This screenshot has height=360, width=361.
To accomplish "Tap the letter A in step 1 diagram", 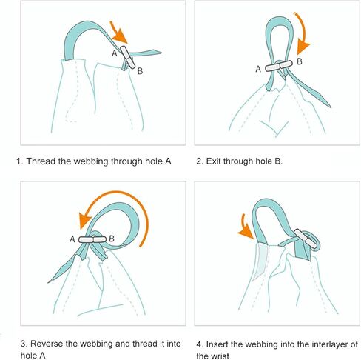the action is pos(115,53).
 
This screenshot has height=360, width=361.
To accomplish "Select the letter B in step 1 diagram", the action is pos(140,71).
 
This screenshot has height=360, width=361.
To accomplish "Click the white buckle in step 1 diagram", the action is pos(128,57).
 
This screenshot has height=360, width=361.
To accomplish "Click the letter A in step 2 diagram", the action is pos(258,69).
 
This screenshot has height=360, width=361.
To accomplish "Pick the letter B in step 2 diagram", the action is pos(300,61).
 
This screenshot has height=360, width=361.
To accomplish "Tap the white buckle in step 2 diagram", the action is pos(279,66).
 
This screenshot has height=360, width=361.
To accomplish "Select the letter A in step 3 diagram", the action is pos(72,239).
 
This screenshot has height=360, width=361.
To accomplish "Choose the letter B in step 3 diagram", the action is pos(112,239).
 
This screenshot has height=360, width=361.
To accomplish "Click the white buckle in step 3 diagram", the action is pos(92,240).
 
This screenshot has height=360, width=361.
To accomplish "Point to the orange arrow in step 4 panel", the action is pos(245,227).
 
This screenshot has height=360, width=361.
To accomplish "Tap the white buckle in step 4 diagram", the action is pos(306,239).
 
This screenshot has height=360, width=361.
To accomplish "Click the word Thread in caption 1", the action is pos(41,161).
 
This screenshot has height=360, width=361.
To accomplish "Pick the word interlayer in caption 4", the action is pos(304,344).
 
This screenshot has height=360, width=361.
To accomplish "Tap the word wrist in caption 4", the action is pos(220,356).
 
